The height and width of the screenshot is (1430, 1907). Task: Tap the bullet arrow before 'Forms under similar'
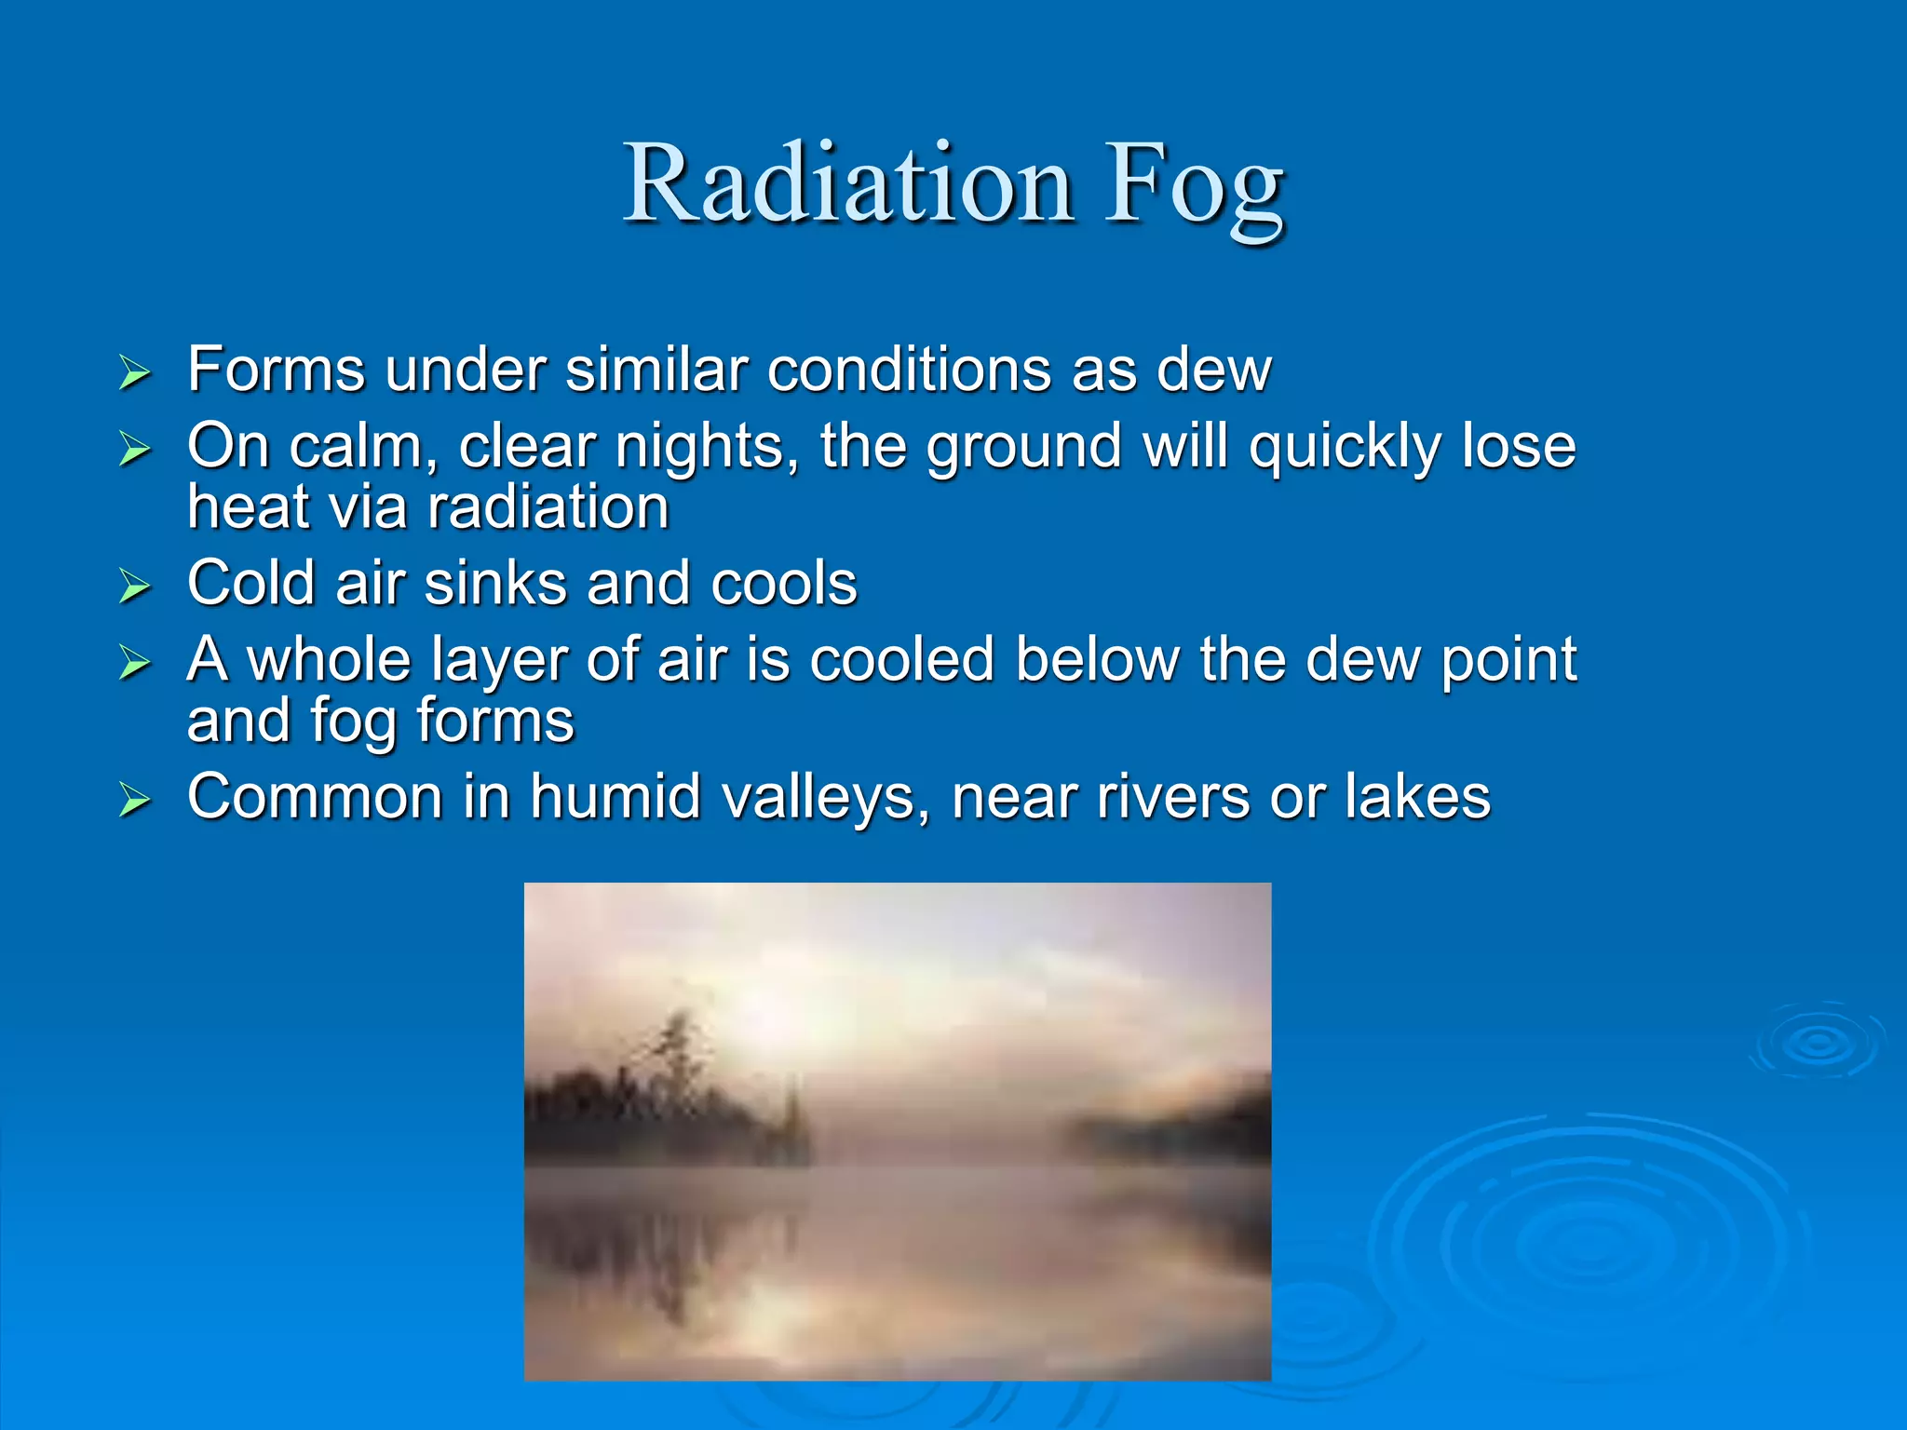point(135,373)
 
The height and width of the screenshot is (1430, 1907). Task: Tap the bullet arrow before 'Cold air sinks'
point(135,587)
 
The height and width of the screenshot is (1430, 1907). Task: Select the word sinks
point(495,584)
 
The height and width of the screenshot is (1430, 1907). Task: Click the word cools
point(783,584)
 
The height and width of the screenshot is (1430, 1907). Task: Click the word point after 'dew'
point(1508,661)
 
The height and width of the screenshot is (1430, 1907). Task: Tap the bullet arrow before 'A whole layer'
point(135,663)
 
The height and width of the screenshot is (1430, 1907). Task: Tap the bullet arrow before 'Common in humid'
point(135,800)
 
